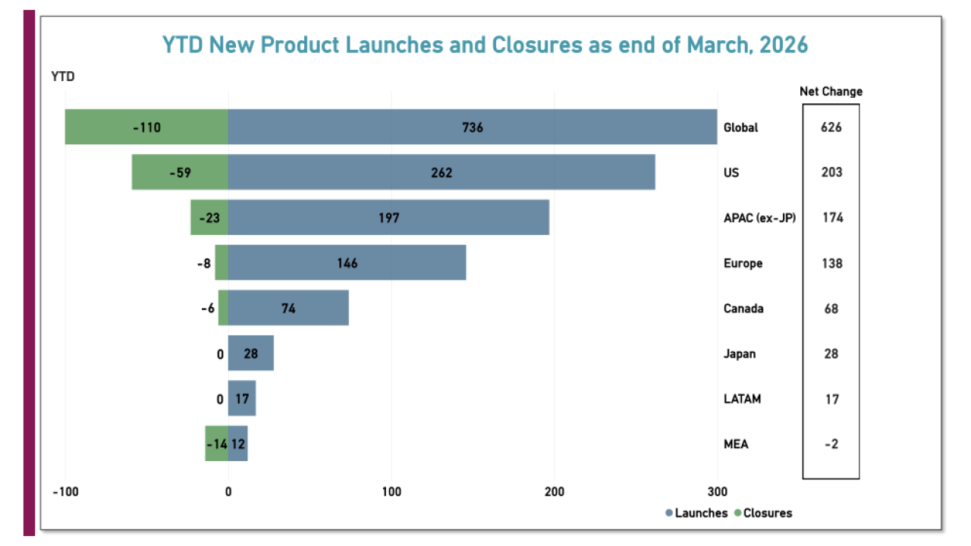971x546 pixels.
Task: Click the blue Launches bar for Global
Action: point(472,127)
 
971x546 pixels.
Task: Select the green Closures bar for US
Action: point(180,172)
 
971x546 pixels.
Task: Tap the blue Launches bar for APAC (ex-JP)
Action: point(388,218)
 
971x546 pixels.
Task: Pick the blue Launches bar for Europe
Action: point(347,263)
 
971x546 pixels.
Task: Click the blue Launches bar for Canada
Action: point(288,309)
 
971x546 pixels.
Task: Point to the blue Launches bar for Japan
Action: point(250,354)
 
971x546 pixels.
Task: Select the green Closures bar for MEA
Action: point(216,444)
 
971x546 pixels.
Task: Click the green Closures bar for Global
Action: point(146,127)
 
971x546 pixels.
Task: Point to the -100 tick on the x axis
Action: point(65,491)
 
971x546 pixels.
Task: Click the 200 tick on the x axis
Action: point(555,491)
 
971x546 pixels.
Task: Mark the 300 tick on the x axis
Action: point(717,491)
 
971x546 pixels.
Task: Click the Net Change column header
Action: point(831,92)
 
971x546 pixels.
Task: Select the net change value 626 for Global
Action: point(831,127)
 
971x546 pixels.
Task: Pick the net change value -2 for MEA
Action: point(831,444)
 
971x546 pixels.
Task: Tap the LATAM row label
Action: point(742,399)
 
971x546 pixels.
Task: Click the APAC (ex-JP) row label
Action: point(759,218)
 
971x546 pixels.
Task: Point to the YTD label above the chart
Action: point(63,76)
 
